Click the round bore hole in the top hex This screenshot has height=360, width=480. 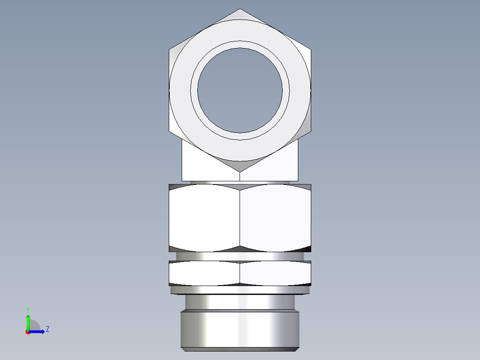pyautogui.click(x=240, y=90)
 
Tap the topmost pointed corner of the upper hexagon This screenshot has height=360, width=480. pyautogui.click(x=240, y=9)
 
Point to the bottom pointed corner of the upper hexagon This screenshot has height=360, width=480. pyautogui.click(x=240, y=172)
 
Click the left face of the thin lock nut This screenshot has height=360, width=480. pyautogui.click(x=204, y=273)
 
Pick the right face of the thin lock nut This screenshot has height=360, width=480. pyautogui.click(x=275, y=273)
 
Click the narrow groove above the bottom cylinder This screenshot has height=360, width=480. pyautogui.click(x=240, y=303)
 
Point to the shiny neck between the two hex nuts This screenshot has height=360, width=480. pyautogui.click(x=240, y=256)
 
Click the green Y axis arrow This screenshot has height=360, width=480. pyautogui.click(x=28, y=322)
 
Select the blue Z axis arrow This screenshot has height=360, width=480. pyautogui.click(x=38, y=331)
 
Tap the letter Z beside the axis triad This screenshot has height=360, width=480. pyautogui.click(x=47, y=329)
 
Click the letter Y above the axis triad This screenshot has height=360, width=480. pyautogui.click(x=28, y=309)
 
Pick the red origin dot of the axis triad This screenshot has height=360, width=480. pyautogui.click(x=28, y=332)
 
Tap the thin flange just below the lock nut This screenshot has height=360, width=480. pyautogui.click(x=240, y=290)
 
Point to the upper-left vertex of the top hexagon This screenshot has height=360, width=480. pyautogui.click(x=170, y=49)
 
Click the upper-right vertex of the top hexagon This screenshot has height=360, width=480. pyautogui.click(x=310, y=49)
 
